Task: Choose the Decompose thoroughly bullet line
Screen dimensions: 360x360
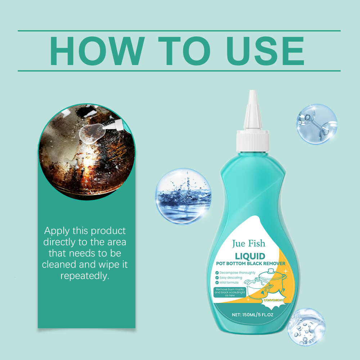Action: pyautogui.click(x=235, y=273)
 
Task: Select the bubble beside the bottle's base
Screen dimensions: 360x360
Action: pyautogui.click(x=306, y=327)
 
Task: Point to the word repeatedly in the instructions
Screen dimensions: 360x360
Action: pyautogui.click(x=85, y=276)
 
